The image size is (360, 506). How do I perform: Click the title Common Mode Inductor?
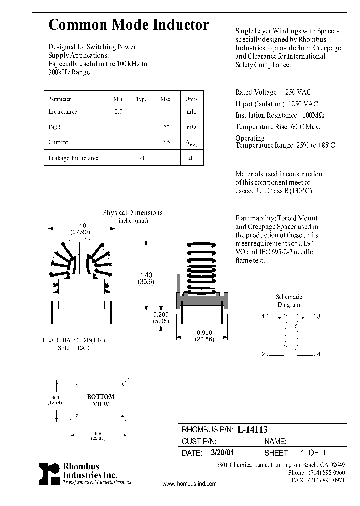(128, 26)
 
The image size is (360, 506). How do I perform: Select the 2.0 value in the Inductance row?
(119, 112)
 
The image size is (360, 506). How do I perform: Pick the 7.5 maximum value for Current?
(166, 142)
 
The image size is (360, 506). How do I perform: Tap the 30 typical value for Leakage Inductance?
(141, 158)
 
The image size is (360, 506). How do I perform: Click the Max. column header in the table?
(166, 99)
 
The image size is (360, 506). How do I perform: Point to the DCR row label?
(55, 127)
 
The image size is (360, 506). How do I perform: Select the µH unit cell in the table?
(191, 158)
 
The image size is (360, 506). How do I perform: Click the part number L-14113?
(252, 430)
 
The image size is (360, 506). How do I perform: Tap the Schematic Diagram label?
(289, 301)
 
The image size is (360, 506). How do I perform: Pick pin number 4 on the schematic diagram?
(318, 354)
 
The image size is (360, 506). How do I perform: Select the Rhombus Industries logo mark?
(49, 473)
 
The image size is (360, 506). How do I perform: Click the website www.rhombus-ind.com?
(190, 484)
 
